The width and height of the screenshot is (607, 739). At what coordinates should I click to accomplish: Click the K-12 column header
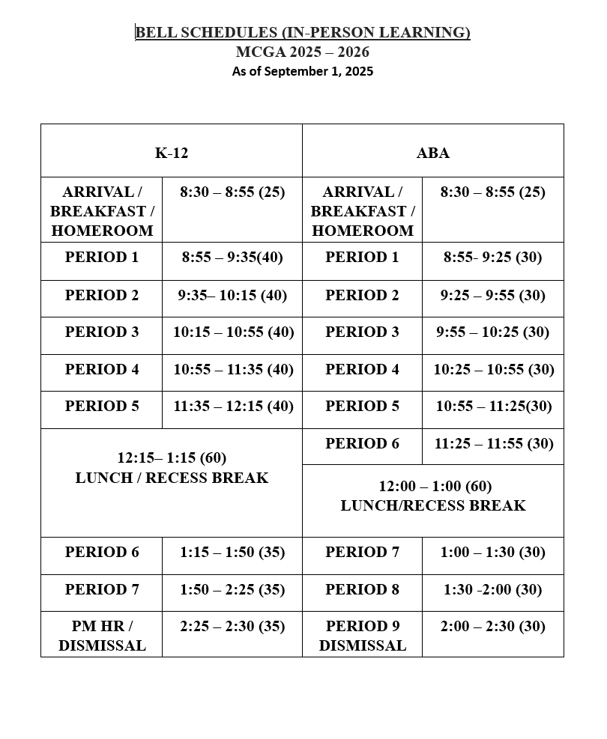tap(172, 153)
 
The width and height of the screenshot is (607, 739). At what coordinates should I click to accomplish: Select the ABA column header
tap(432, 153)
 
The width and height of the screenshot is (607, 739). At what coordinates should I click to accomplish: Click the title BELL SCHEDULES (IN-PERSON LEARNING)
tap(303, 32)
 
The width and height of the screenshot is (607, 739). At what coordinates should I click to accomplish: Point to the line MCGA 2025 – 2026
tap(303, 52)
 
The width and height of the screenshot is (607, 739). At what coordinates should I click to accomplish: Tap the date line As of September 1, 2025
tap(303, 71)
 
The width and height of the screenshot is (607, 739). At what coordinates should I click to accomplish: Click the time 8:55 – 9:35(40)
tap(232, 258)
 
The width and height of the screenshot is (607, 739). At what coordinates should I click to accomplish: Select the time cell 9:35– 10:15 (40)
tap(232, 295)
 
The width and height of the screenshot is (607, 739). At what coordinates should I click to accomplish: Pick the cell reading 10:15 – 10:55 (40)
tap(233, 332)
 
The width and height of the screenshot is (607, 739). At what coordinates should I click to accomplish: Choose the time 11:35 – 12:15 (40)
tap(233, 406)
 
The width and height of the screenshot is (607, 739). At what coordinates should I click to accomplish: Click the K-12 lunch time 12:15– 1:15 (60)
tap(172, 457)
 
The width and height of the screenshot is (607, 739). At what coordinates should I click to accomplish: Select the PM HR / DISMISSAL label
tap(102, 636)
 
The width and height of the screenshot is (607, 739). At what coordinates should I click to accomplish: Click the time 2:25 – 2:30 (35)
tap(232, 626)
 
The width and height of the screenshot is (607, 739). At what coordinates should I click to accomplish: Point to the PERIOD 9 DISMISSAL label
tap(363, 636)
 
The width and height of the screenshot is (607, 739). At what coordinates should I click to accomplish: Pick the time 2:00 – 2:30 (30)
tap(492, 626)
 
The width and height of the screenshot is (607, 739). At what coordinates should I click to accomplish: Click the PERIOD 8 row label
tap(363, 589)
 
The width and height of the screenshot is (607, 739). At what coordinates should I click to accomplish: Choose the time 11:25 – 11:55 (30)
tap(493, 443)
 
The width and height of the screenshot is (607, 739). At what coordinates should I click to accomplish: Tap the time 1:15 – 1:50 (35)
tap(232, 552)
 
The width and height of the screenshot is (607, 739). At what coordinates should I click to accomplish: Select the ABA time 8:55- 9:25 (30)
tap(492, 258)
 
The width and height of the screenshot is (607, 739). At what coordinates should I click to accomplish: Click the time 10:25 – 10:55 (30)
tap(493, 369)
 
